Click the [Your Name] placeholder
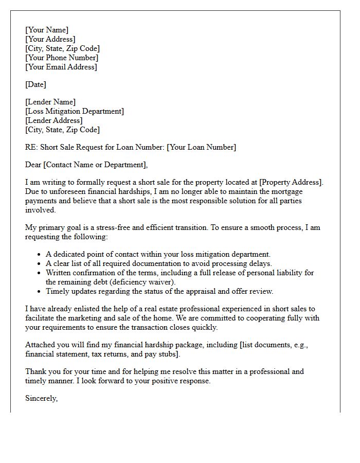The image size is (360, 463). (x=46, y=30)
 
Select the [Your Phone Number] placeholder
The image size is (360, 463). (x=62, y=58)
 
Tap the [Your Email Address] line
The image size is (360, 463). (x=61, y=67)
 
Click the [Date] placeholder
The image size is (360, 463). (x=35, y=84)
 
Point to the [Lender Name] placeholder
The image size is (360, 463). (x=50, y=102)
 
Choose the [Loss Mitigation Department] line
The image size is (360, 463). (x=75, y=111)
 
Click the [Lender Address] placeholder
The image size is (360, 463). (x=53, y=120)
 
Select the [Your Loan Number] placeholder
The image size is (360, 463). (x=202, y=147)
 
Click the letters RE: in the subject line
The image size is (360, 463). (x=31, y=147)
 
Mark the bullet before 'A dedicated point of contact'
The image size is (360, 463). (x=40, y=255)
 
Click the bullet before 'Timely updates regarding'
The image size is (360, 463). (x=40, y=292)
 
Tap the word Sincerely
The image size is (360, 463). (x=41, y=398)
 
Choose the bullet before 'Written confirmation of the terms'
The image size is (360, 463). (x=40, y=273)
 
